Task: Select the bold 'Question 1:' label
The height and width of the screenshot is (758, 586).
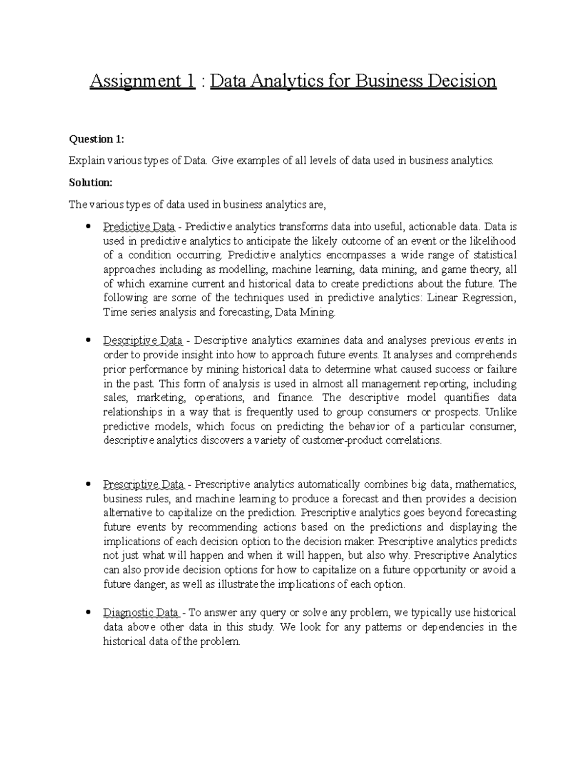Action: [97, 140]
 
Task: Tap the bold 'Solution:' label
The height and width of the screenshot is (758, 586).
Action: [91, 183]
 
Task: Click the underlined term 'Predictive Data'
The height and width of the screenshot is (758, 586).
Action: [139, 227]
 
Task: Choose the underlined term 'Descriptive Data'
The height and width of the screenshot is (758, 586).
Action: [143, 340]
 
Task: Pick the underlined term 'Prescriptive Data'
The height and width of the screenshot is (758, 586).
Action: [144, 485]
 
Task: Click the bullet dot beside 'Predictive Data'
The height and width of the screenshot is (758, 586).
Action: [88, 226]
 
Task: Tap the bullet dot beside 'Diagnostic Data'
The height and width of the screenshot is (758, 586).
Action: [88, 612]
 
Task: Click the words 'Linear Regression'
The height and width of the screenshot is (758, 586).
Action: [471, 298]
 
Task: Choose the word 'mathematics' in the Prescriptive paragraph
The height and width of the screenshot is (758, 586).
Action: [485, 485]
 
